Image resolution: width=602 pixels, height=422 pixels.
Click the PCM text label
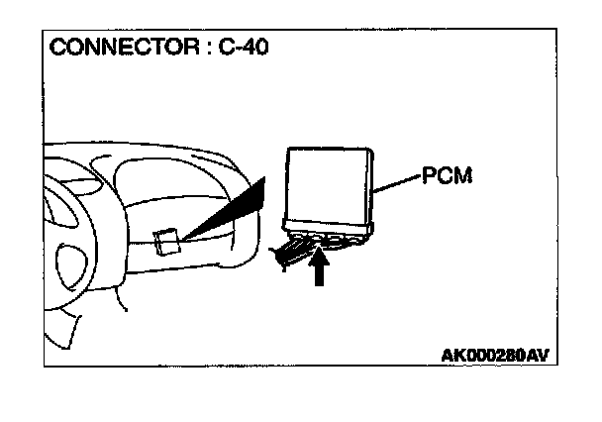(x=447, y=178)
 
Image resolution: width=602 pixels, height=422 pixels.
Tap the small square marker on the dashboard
(x=167, y=241)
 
